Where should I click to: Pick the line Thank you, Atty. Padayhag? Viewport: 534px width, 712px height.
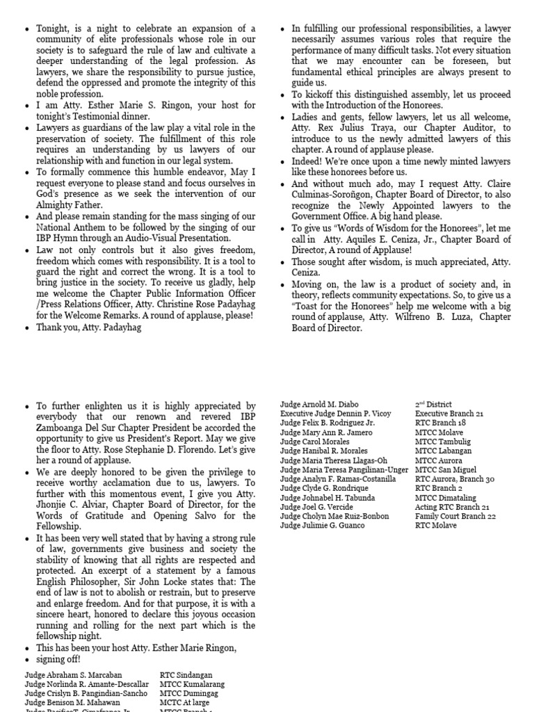[x=88, y=327]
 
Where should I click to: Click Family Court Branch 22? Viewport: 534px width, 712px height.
[x=455, y=517]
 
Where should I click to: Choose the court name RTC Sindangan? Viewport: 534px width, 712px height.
[x=186, y=675]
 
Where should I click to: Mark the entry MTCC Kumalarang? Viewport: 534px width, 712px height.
[x=192, y=685]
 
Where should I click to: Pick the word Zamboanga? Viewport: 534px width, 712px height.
[x=60, y=428]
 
